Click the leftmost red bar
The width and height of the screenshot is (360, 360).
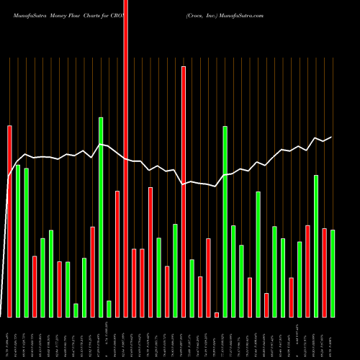(9, 221)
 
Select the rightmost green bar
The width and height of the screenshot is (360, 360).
(333, 274)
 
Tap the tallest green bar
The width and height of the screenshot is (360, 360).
(101, 217)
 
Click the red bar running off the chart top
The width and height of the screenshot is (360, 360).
(126, 158)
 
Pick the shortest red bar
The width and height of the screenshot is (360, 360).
(217, 315)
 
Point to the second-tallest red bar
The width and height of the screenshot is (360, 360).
(184, 192)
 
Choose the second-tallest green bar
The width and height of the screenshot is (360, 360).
(225, 222)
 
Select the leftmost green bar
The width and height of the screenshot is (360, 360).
(18, 241)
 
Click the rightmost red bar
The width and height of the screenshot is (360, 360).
(325, 273)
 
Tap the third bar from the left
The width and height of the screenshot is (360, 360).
(27, 243)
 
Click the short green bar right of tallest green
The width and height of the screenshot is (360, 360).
(109, 309)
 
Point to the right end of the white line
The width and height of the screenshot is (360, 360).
(332, 137)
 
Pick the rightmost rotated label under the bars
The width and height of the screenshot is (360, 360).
(333, 338)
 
